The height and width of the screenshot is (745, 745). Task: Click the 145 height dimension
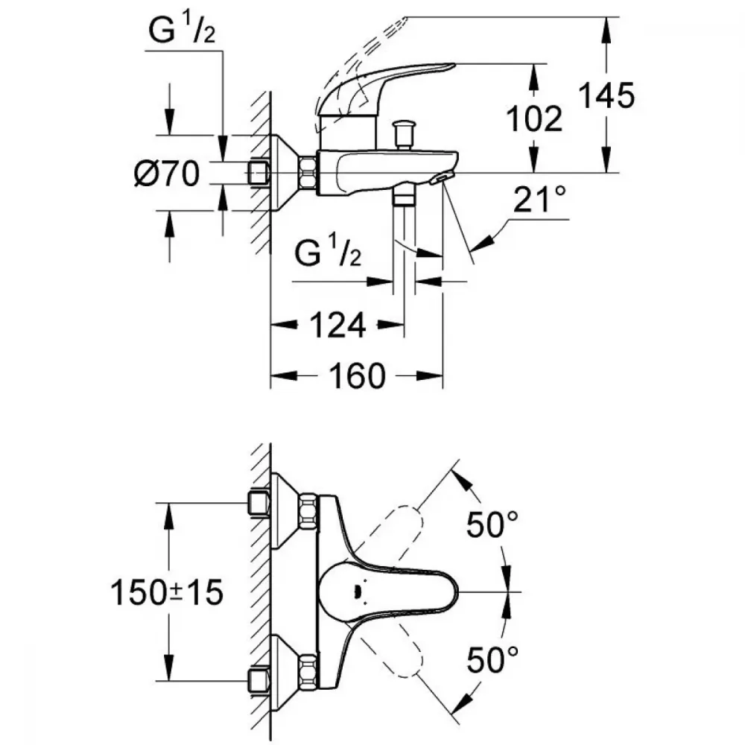606,95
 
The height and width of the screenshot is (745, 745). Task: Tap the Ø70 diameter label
167,173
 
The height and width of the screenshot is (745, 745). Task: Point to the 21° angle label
539,199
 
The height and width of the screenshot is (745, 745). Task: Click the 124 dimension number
337,326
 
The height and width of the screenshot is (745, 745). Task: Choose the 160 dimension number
358,375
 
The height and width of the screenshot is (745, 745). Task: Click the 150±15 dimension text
167,592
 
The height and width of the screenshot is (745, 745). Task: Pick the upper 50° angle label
492,524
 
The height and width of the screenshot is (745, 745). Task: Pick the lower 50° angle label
492,660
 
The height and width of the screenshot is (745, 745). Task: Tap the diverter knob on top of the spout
403,135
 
